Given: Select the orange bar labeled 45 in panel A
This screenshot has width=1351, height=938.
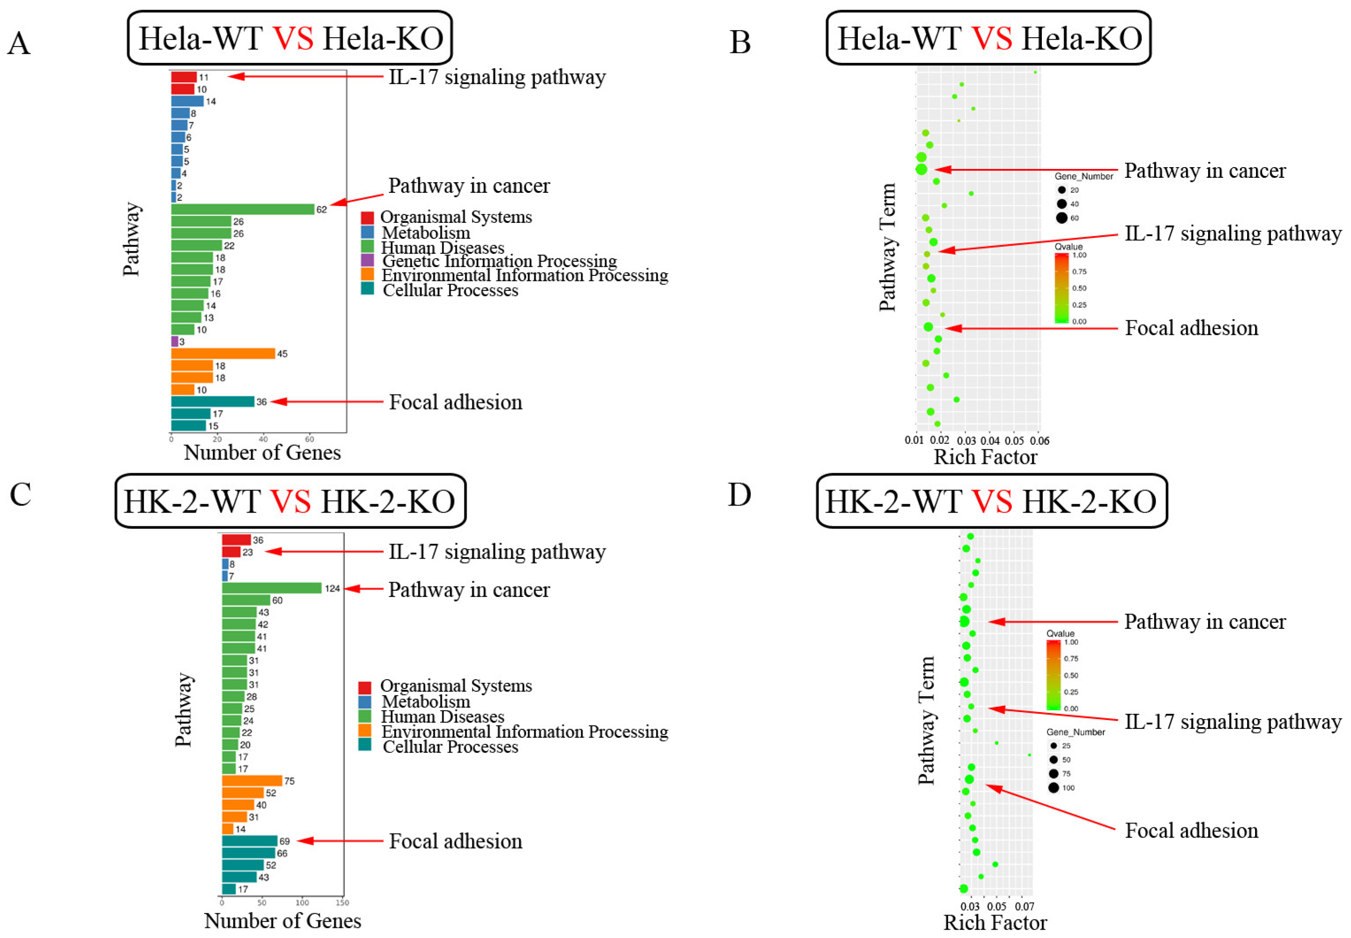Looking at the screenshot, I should click(223, 353).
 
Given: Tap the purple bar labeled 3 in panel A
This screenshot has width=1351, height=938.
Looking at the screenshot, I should click(175, 341).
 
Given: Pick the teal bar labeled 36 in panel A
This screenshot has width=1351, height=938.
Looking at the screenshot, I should click(212, 402).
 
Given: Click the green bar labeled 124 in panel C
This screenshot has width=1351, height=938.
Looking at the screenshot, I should click(272, 588).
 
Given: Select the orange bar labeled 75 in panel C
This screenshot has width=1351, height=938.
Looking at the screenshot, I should click(252, 781).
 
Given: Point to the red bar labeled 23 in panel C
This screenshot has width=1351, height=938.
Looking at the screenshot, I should click(231, 552).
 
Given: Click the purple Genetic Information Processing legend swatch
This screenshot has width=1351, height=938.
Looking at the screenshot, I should click(367, 260).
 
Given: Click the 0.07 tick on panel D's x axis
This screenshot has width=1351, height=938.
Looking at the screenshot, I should click(1024, 906).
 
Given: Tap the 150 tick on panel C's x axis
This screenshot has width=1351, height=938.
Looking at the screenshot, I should click(342, 903).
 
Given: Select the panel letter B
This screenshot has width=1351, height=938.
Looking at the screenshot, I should click(740, 42).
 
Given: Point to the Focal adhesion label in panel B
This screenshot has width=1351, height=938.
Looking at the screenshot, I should click(1191, 328).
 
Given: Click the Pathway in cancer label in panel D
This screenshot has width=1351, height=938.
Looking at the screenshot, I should click(1205, 621).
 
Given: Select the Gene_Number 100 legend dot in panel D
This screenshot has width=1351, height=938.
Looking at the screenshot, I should click(1053, 788).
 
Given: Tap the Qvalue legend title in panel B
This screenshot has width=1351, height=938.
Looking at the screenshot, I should click(1068, 247).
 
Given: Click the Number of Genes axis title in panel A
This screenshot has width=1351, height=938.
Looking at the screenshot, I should click(262, 452).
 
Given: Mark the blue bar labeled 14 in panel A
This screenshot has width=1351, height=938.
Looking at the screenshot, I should click(187, 101).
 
